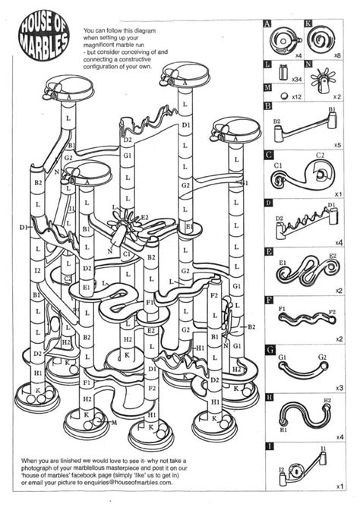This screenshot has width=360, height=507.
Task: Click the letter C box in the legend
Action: click(x=268, y=155)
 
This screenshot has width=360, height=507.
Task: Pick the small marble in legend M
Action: click(x=283, y=96)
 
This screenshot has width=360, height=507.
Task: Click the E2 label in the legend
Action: click(x=333, y=257)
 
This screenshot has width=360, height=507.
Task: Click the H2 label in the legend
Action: click(x=327, y=401)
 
